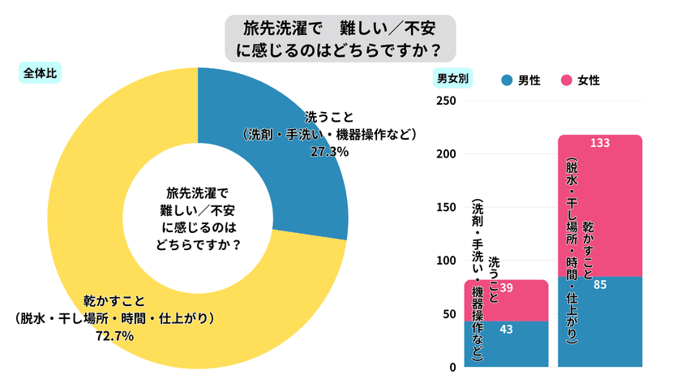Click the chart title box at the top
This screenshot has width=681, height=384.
[340, 37]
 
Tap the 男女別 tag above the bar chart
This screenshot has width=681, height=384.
[454, 79]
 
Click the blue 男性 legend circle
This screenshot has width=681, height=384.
[508, 80]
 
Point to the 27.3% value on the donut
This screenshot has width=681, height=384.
[329, 151]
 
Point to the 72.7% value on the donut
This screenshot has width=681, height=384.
[113, 334]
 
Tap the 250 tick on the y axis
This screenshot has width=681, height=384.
[447, 101]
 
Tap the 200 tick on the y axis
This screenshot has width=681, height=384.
[447, 154]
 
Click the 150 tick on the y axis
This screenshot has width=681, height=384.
[447, 207]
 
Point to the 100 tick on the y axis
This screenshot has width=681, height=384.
[447, 261]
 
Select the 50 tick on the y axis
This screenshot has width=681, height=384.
[450, 313]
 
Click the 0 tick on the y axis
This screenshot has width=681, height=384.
[453, 367]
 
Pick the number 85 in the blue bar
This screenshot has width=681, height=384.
[601, 285]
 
